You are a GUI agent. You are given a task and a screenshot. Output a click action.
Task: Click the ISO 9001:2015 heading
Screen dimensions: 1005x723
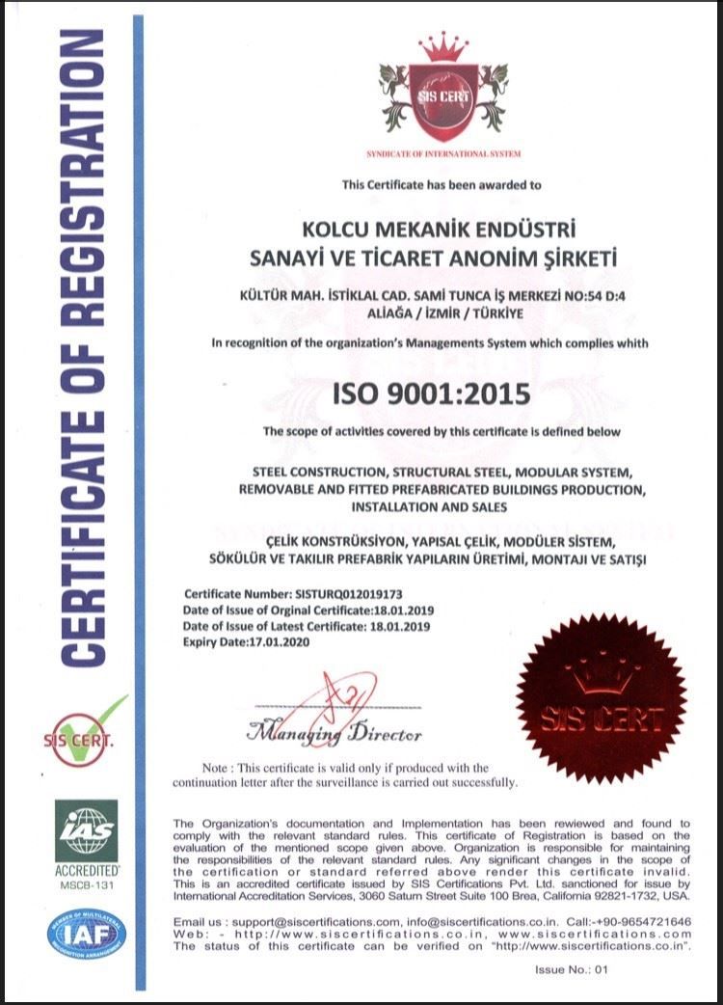(431, 394)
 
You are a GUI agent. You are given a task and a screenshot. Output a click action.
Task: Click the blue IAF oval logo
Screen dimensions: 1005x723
(86, 934)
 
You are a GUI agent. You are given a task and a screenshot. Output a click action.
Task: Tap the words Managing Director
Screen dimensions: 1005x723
(335, 734)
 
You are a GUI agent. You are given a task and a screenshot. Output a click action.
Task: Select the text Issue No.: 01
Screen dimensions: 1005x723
(573, 969)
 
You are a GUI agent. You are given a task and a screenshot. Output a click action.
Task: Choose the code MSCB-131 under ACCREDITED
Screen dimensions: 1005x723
(86, 883)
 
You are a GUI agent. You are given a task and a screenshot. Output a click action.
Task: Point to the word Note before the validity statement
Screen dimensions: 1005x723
(217, 768)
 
